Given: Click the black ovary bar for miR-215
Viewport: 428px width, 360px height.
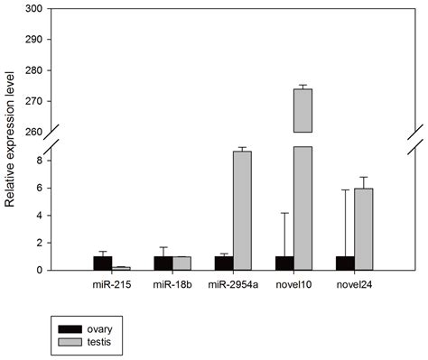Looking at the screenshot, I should [x=102, y=263].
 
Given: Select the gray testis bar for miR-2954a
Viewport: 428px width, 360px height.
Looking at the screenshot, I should [x=242, y=210].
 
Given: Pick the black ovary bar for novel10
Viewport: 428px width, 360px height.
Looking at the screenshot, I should [x=284, y=263].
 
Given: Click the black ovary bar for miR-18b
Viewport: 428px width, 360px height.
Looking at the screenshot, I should [x=163, y=263].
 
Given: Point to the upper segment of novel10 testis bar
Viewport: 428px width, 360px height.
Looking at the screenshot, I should [x=302, y=110].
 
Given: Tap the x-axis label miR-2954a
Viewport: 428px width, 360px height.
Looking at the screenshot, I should [x=232, y=286].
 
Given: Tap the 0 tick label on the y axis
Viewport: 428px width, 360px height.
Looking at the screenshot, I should [x=38, y=270].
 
